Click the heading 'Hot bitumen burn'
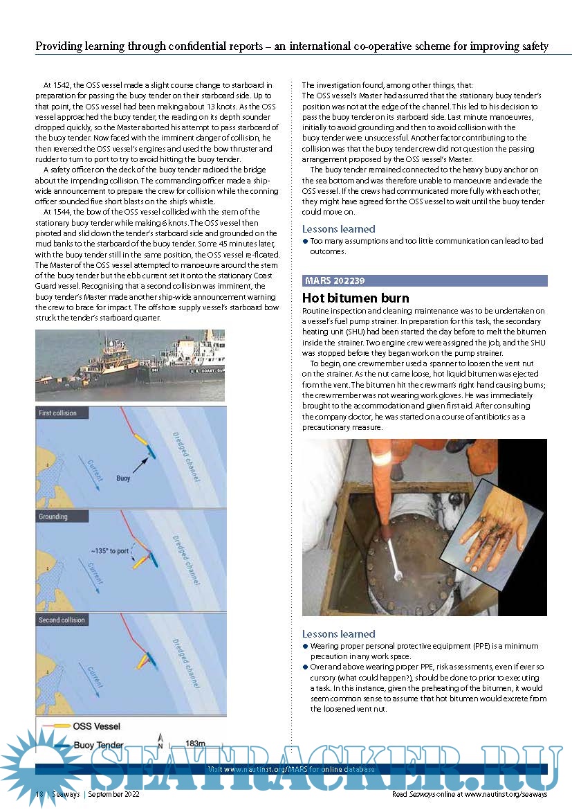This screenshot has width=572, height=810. click(x=356, y=298)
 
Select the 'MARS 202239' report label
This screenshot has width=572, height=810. click(x=335, y=280)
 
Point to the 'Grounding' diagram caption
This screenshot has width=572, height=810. click(x=53, y=516)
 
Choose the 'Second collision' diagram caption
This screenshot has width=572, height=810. click(x=62, y=620)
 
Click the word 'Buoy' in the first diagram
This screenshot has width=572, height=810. click(x=123, y=478)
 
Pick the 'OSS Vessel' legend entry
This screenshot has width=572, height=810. click(x=96, y=726)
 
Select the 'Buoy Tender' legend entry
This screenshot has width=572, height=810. click(x=98, y=746)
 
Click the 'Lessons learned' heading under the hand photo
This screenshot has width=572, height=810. click(x=339, y=633)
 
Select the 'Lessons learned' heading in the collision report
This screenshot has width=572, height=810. click(x=339, y=228)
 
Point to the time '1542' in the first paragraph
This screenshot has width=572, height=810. click(x=62, y=85)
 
